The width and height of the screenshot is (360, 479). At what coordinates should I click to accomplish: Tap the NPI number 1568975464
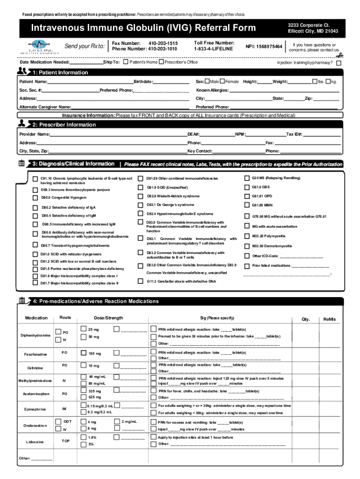click(x=264, y=47)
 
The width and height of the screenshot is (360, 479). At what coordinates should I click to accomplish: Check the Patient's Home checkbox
click(x=126, y=62)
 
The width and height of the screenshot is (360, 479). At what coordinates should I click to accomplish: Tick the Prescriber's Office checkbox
click(x=161, y=62)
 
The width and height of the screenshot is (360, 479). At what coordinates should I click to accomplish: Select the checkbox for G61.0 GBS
click(x=247, y=187)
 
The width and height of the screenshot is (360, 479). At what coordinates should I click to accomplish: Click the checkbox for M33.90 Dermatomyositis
click(x=247, y=246)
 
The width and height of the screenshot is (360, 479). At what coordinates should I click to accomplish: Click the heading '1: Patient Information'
click(x=60, y=73)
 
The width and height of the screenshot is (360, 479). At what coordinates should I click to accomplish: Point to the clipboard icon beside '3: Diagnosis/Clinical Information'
click(x=22, y=164)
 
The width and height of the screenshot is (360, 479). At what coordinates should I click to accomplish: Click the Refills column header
click(x=329, y=319)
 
